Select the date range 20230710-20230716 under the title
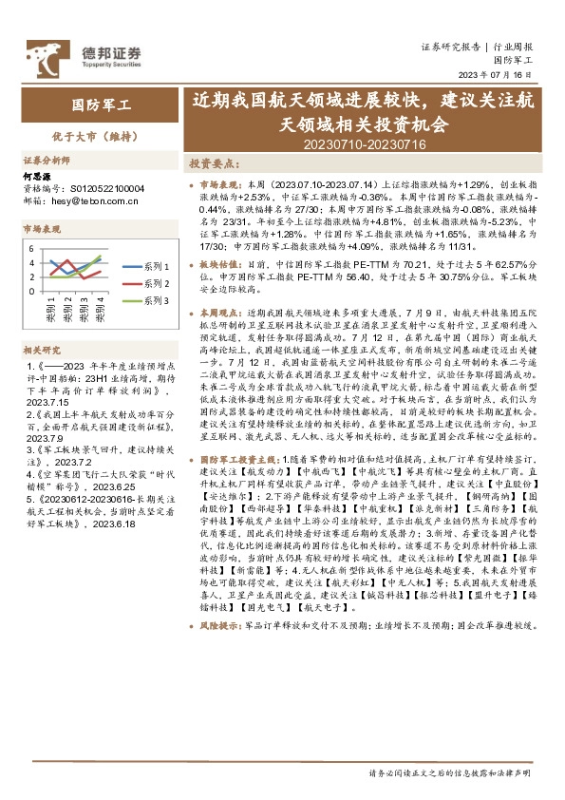tap(366, 143)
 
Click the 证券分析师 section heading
tap(47, 159)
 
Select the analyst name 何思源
tap(37, 177)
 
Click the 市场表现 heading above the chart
tap(42, 230)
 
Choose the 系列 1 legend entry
tap(156, 268)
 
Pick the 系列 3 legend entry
tap(156, 300)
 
